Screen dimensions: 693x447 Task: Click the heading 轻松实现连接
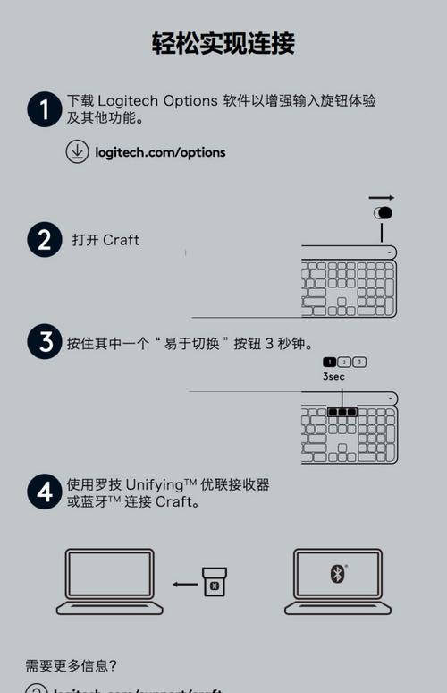click(223, 42)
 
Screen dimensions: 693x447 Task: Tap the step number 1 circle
click(44, 110)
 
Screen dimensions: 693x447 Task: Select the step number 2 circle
click(44, 240)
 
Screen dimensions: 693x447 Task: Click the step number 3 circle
click(44, 342)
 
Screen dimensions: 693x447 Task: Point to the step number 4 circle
click(44, 492)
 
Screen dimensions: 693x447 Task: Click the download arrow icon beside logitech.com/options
click(78, 151)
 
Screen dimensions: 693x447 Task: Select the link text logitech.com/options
click(160, 152)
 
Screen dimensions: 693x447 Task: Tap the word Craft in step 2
click(121, 240)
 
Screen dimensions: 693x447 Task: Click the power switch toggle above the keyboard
click(383, 213)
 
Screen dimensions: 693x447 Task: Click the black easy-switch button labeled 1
click(329, 362)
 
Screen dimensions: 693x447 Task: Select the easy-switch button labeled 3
click(359, 362)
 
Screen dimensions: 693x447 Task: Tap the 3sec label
click(333, 377)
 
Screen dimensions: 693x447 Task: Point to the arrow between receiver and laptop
click(185, 585)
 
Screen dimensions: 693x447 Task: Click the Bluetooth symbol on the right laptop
click(337, 574)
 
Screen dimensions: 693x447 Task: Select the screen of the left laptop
click(109, 574)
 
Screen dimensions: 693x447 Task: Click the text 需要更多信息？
click(72, 665)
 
